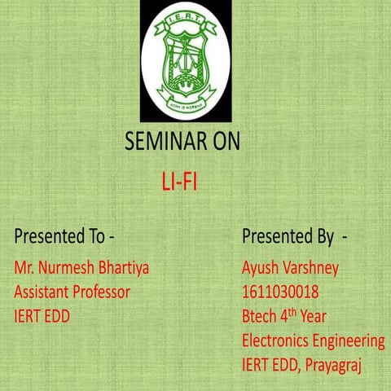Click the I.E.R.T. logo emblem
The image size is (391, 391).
[185, 61]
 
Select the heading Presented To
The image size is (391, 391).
[64, 237]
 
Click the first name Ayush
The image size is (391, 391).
[261, 267]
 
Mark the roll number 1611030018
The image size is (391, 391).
[280, 291]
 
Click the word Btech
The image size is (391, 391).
[260, 315]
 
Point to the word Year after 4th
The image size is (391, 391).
[319, 315]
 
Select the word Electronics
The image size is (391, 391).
[277, 340]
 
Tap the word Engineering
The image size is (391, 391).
[349, 340]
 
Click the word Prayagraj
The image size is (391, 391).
[333, 364]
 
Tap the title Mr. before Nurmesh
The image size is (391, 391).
[25, 267]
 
